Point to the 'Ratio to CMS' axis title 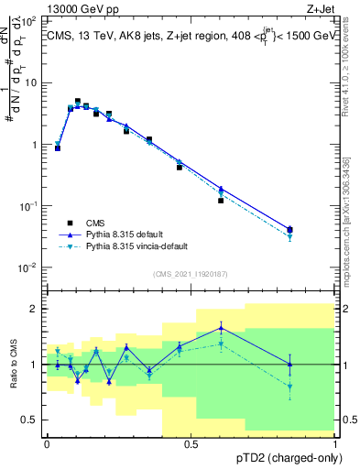coord(14,364)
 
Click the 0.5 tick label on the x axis coord(191,443)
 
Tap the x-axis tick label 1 coord(334,443)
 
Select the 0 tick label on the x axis coord(47,443)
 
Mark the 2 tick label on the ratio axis coord(34,309)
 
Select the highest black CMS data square coord(78,102)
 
